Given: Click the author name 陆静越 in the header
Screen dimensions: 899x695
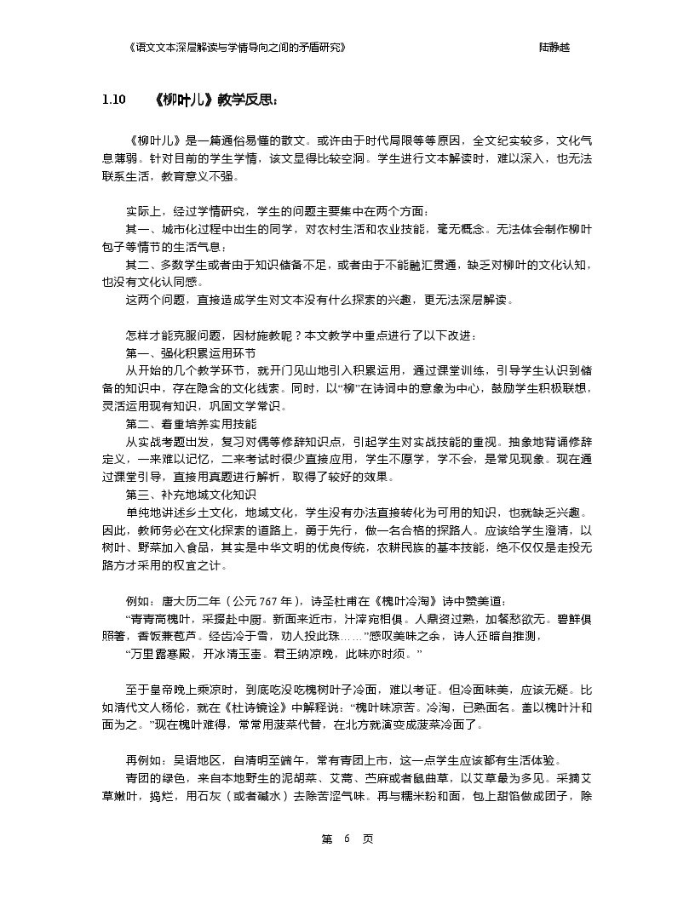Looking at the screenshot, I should (x=554, y=48).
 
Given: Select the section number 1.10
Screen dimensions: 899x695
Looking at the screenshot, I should (x=113, y=100).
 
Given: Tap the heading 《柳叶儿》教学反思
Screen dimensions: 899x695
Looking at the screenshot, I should (x=217, y=100).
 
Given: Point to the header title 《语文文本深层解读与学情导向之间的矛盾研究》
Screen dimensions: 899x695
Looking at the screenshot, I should (x=235, y=48).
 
